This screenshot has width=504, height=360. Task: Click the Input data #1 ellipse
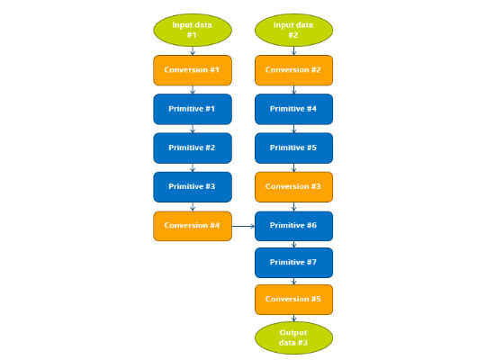(193, 30)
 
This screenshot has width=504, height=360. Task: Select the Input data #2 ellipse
(293, 30)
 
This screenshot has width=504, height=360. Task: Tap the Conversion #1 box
(193, 70)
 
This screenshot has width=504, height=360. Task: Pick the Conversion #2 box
(293, 70)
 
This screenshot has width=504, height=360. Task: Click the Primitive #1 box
(193, 109)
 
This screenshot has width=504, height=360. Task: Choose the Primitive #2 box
(193, 148)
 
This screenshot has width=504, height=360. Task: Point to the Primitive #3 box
(193, 187)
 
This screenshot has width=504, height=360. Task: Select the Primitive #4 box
(293, 109)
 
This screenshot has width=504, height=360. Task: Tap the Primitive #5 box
(293, 148)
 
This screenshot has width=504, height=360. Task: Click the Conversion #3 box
(293, 187)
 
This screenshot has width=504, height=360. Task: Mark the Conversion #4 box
(193, 226)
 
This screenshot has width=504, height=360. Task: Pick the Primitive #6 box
(293, 226)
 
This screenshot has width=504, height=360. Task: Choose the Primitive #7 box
(293, 263)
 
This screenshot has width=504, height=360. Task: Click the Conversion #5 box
(293, 300)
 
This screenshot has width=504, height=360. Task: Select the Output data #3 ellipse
(293, 337)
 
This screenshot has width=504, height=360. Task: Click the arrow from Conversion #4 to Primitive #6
(243, 226)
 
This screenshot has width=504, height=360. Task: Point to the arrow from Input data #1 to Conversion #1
(193, 50)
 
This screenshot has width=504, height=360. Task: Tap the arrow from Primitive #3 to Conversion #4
(193, 207)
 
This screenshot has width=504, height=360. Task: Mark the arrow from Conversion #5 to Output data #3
(293, 319)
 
